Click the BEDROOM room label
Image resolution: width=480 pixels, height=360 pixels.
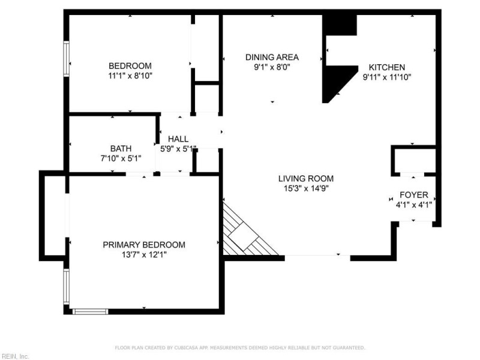[130, 66]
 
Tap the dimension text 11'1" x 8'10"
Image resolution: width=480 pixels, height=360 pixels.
[130, 76]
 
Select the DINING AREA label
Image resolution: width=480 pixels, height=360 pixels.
[272, 57]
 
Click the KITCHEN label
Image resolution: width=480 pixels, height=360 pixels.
[387, 67]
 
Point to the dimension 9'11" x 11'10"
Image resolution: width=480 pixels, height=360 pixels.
[387, 77]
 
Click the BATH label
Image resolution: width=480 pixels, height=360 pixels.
[121, 149]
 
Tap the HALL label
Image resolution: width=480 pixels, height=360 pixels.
[178, 139]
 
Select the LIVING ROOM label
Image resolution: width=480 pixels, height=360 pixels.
[306, 178]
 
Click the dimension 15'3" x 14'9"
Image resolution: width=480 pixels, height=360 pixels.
[306, 188]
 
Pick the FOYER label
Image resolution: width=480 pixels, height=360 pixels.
[414, 195]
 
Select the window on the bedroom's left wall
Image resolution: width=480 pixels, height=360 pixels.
[66, 58]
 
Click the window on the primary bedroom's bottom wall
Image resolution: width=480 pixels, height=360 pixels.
[91, 311]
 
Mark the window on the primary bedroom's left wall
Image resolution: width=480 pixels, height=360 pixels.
[66, 287]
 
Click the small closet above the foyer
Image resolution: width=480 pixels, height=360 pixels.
[415, 161]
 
